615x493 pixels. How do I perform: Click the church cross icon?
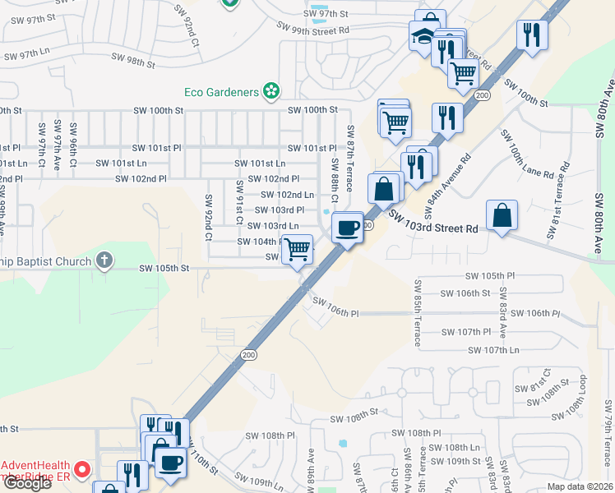(104, 261)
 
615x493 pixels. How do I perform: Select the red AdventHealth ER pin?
(82, 470)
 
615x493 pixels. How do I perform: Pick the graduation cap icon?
(422, 36)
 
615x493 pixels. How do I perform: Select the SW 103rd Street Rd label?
(433, 222)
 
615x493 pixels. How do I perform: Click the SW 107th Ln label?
(495, 351)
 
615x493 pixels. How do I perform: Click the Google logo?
(26, 483)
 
